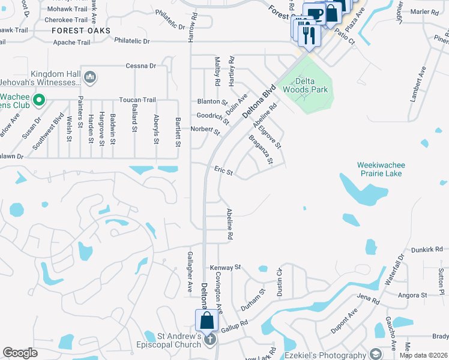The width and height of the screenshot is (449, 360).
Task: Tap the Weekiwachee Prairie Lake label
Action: [379, 169]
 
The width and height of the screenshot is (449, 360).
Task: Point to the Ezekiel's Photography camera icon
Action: [376, 355]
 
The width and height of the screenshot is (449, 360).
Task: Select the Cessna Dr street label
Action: [140, 66]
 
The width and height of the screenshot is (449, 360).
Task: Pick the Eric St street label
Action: [223, 171]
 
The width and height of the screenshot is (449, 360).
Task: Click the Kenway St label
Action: [225, 267]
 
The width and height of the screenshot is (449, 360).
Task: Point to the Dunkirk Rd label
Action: [427, 249]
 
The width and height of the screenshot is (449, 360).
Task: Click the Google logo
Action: [20, 353]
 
